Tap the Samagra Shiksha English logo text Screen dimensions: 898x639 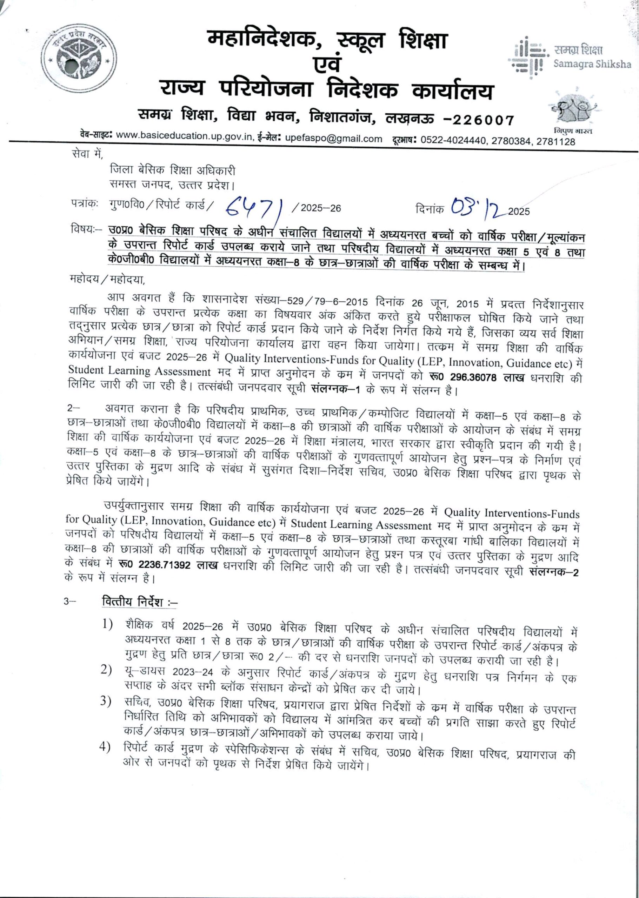pos(592,64)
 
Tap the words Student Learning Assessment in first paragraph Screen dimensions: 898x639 pos(140,371)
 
